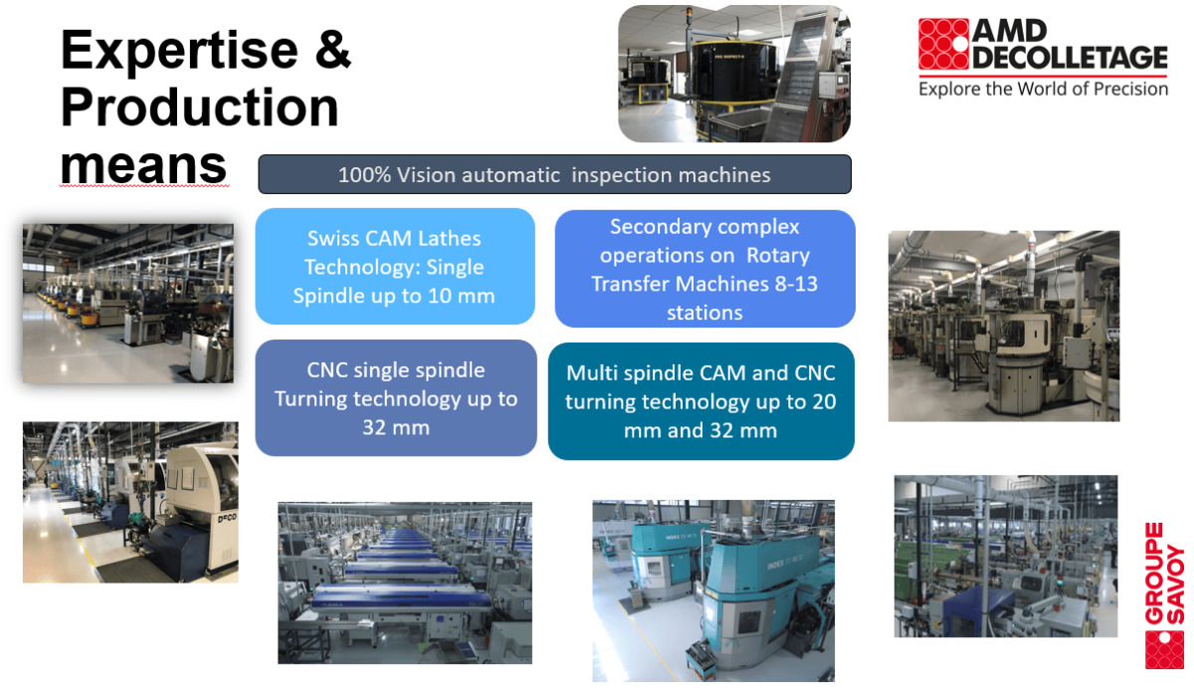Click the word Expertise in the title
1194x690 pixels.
tap(179, 51)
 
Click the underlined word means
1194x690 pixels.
tap(143, 165)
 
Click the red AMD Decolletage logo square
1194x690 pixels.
tap(943, 44)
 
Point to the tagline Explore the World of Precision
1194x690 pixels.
tap(1043, 89)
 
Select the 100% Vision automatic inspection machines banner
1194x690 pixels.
tap(554, 174)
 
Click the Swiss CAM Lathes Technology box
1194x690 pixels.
tap(395, 266)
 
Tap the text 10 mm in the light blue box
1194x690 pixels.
tap(462, 296)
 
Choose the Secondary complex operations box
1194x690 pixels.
tap(704, 269)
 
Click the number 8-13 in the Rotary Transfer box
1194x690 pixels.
tap(796, 284)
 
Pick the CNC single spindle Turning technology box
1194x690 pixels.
tap(396, 398)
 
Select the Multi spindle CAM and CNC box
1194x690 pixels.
tap(700, 401)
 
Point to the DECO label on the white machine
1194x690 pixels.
tap(227, 518)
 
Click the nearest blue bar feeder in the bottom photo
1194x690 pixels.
tap(401, 598)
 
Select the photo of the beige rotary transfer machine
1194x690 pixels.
tap(1004, 326)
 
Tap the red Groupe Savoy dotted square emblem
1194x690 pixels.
tap(1165, 649)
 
